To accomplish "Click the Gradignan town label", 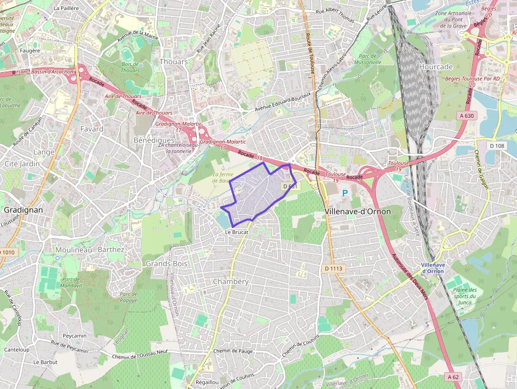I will (x=23, y=210).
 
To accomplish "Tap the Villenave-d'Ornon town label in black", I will (x=358, y=211).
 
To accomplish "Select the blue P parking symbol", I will (x=345, y=194).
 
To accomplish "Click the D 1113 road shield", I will (x=333, y=269).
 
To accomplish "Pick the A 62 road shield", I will (x=453, y=377).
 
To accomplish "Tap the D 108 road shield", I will (x=497, y=146).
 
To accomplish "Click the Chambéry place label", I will (x=230, y=281).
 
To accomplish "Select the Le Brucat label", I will (x=236, y=232).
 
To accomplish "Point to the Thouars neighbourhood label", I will (x=174, y=62).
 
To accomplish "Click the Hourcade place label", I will (x=436, y=67).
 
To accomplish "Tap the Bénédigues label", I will (x=154, y=140).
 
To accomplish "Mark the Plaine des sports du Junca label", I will (x=465, y=296).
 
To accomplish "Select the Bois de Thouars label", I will (x=130, y=67).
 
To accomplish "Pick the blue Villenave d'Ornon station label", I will (x=433, y=268).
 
